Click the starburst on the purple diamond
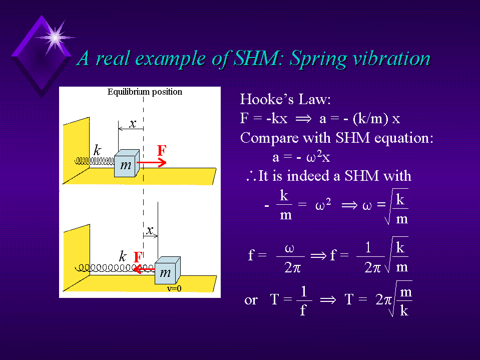pyautogui.click(x=55, y=38)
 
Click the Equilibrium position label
pyautogui.click(x=145, y=92)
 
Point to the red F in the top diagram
pyautogui.click(x=162, y=150)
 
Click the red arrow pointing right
pyautogui.click(x=152, y=162)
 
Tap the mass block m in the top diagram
pyautogui.click(x=127, y=163)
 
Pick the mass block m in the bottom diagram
pyautogui.click(x=168, y=270)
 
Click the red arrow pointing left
pyautogui.click(x=144, y=269)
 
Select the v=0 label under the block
pyautogui.click(x=174, y=288)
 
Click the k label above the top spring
pyautogui.click(x=97, y=150)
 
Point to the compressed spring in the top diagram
pyautogui.click(x=95, y=161)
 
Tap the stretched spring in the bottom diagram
pyautogui.click(x=115, y=268)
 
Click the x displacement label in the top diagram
pyautogui.click(x=132, y=123)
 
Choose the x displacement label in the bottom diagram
pyautogui.click(x=149, y=230)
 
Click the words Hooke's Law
pyautogui.click(x=285, y=99)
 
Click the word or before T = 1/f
pyautogui.click(x=251, y=300)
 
